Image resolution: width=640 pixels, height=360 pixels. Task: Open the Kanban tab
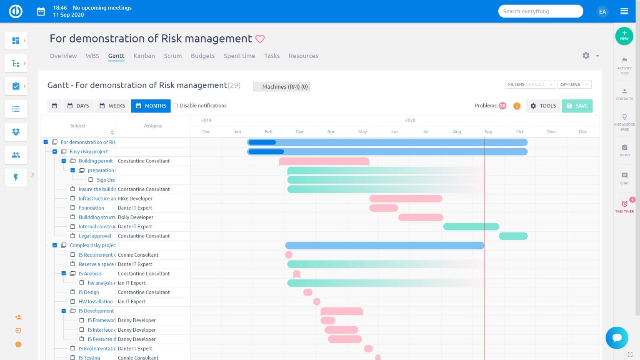coord(144,56)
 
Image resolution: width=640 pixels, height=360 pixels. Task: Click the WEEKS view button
coord(112,106)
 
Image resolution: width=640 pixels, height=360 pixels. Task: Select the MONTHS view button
coord(151,106)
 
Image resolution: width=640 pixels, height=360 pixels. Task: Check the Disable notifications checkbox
coord(175,106)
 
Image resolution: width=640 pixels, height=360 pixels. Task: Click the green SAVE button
coord(577,106)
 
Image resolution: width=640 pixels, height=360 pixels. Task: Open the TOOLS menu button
coord(543,106)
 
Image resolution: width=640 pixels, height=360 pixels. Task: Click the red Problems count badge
coord(502,106)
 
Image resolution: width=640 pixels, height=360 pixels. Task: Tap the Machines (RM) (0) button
coord(281,87)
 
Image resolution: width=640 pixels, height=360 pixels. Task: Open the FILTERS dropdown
coord(530,85)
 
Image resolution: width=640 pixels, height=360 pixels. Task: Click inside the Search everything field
coord(540,11)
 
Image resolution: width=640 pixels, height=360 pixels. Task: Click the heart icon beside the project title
coord(260,39)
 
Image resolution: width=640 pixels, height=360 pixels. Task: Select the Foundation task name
coord(91,208)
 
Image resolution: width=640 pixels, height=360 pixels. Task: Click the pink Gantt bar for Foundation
coord(384,208)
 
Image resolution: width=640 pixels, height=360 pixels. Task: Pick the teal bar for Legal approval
coord(513,236)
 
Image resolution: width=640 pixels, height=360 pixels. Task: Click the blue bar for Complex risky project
coord(384,245)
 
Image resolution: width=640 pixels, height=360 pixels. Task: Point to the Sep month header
coord(488,132)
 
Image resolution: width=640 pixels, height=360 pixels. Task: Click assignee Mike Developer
coord(135,199)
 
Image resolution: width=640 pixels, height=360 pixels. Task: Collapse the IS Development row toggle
coord(64,311)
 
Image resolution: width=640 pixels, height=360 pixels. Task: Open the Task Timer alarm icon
coord(624,204)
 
